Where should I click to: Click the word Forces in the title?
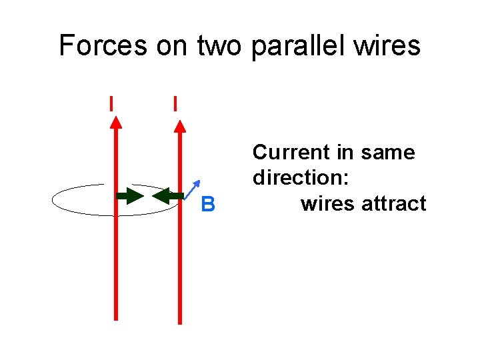[103, 45]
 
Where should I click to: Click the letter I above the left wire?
[111, 103]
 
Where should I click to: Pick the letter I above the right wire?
[175, 103]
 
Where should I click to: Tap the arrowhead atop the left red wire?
[116, 121]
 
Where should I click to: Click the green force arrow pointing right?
[131, 196]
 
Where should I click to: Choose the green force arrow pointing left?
[167, 196]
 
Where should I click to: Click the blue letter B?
[208, 205]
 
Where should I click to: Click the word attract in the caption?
[393, 203]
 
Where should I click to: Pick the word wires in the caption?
[327, 203]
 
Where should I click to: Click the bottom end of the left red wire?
[116, 318]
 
